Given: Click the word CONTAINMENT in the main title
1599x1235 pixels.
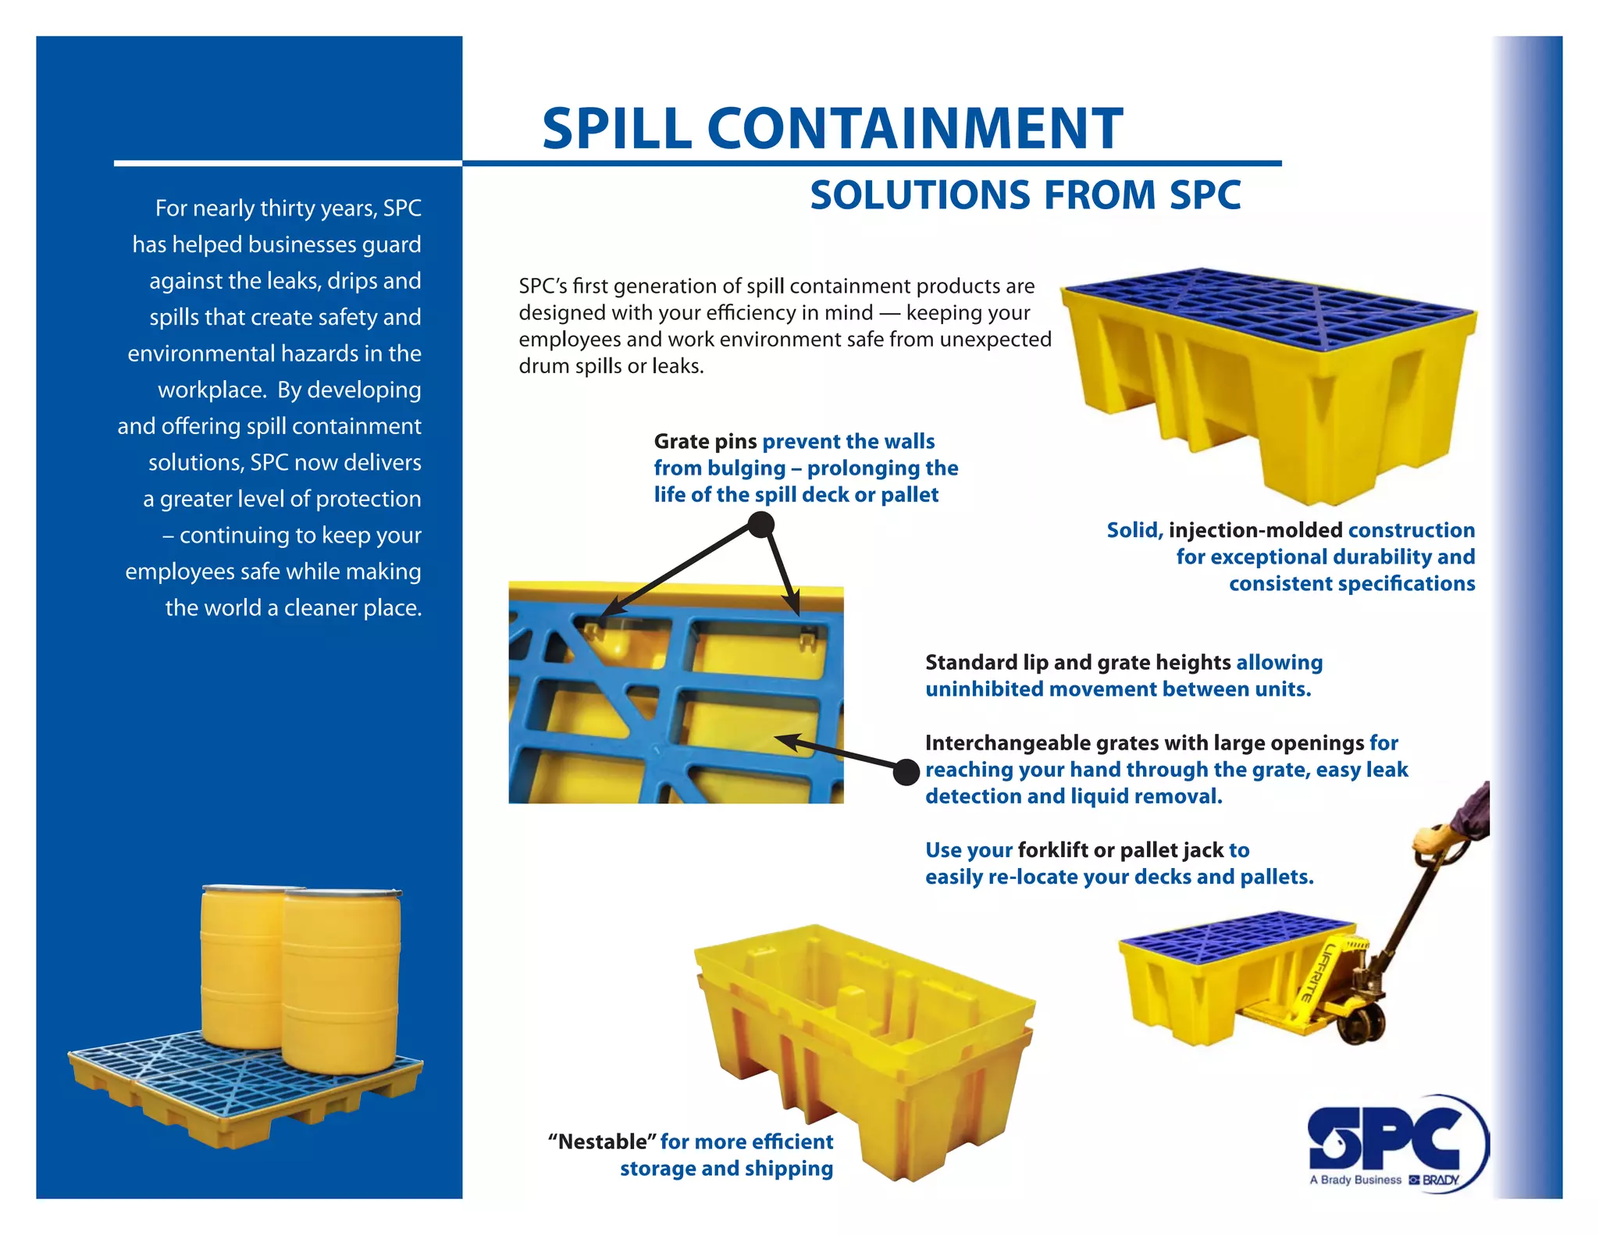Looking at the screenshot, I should (914, 129).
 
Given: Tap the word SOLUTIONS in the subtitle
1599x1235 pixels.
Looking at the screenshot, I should (920, 195).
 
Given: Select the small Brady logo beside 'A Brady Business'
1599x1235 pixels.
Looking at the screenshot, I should (1434, 1180).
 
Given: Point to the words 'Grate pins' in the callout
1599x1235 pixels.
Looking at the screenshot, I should (705, 442).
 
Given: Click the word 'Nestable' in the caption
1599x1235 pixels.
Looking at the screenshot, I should (602, 1142).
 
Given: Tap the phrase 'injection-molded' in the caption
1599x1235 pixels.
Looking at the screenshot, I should (1255, 531).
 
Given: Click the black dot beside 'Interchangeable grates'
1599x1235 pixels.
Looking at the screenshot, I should (906, 772).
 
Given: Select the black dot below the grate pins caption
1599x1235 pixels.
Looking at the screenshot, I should (760, 525).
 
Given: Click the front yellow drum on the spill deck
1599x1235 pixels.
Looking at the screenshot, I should (341, 984).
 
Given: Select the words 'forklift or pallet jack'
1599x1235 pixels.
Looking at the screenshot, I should (1120, 850).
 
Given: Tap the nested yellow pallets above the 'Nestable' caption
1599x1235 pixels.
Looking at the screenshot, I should (864, 1038).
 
